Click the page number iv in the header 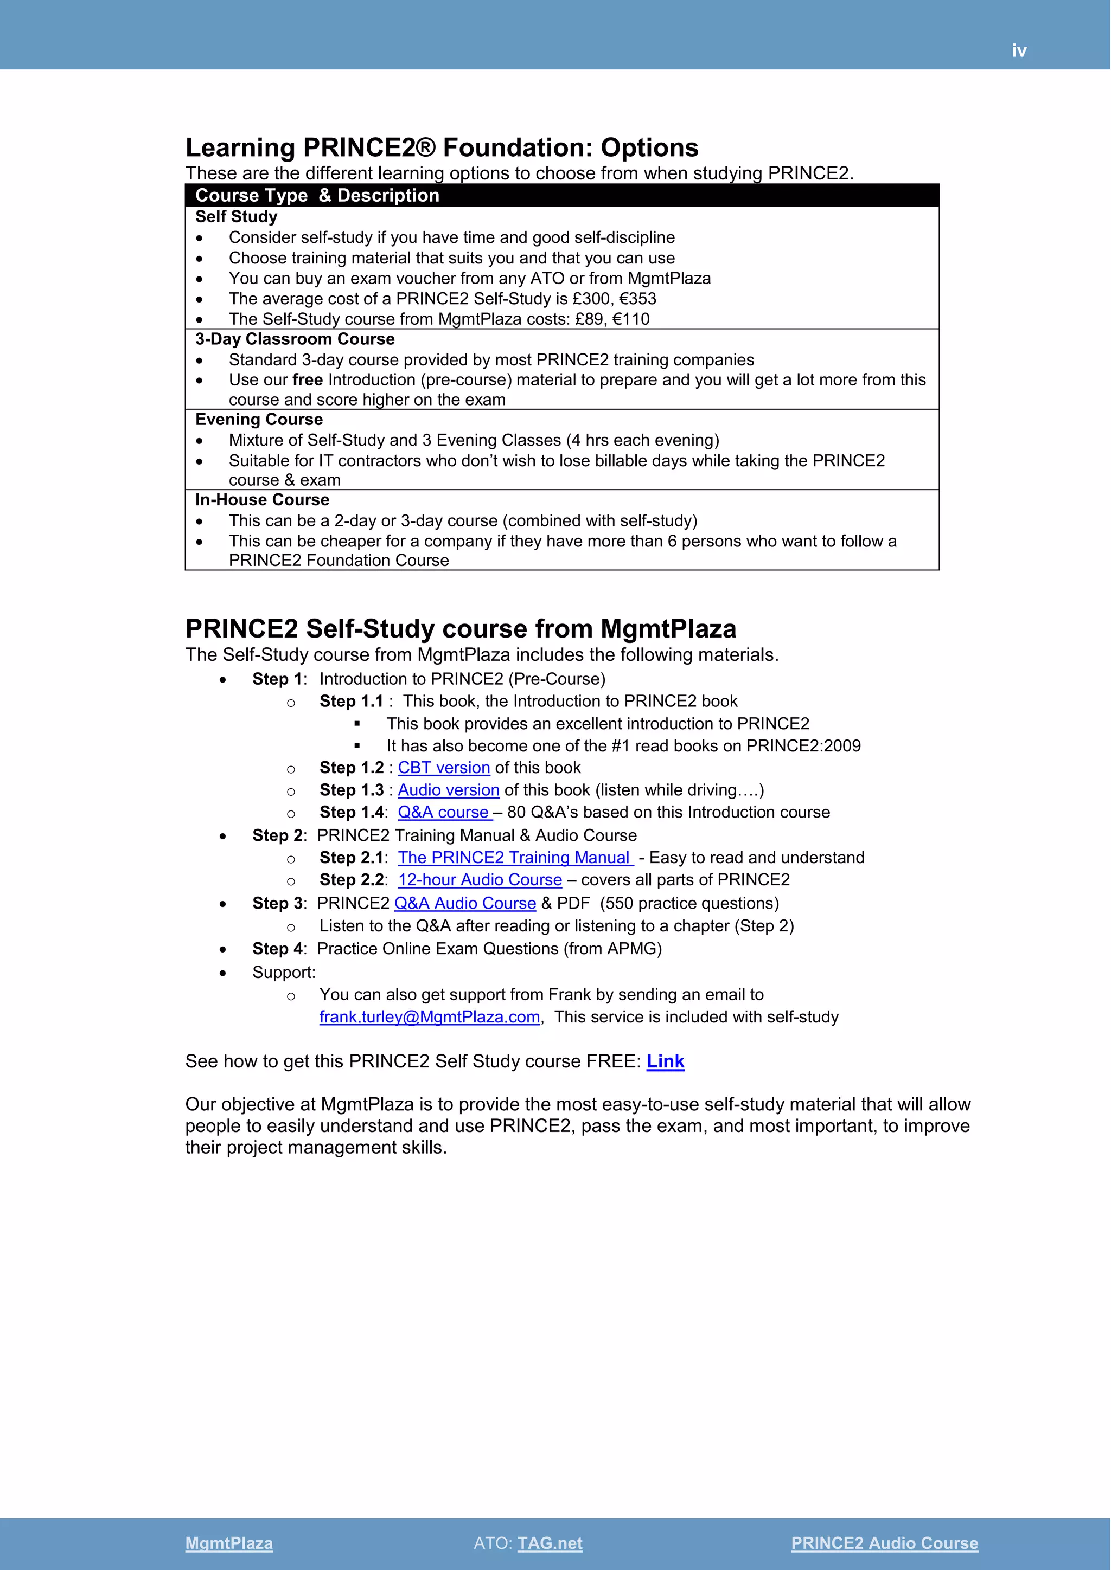[1019, 50]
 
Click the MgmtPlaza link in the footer [228, 1543]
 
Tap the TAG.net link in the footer [550, 1543]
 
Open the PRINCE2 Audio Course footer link [884, 1543]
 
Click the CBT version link [444, 768]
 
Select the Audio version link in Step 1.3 [448, 790]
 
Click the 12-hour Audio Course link [480, 880]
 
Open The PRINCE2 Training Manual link [514, 858]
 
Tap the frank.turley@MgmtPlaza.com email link [430, 1017]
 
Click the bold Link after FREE [665, 1061]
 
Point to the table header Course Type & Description [317, 196]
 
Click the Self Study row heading [236, 217]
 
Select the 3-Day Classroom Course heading [295, 339]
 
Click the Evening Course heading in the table [259, 419]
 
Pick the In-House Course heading [262, 500]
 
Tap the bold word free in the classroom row [307, 380]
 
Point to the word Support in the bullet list [282, 973]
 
